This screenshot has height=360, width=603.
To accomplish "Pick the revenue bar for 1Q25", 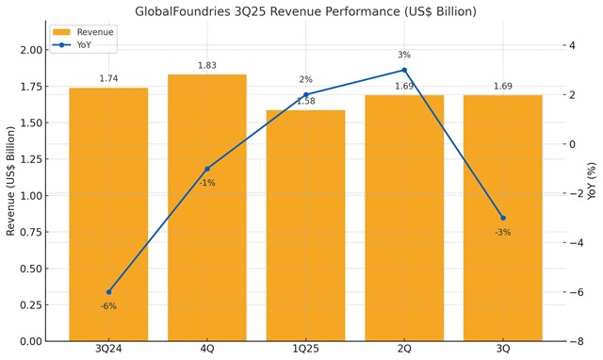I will tap(305, 226).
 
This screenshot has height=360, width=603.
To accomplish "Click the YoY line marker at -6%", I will tap(108, 292).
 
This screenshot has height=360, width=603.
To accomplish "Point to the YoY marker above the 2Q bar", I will tap(404, 70).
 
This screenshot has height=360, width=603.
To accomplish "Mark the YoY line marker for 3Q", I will tap(503, 218).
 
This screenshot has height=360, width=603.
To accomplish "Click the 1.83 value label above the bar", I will tap(207, 66).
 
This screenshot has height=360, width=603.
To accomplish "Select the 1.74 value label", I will tap(108, 79).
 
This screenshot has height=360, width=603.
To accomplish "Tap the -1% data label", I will tap(207, 183).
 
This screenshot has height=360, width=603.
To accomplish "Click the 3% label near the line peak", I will tap(404, 56).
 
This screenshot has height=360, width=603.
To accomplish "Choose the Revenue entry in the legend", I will tap(94, 32).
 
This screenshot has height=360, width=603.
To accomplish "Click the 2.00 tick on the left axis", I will tap(30, 50).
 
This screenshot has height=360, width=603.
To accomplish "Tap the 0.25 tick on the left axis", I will tap(30, 305).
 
